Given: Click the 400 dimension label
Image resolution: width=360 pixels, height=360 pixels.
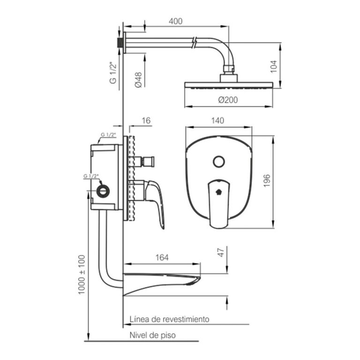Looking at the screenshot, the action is click(x=176, y=21).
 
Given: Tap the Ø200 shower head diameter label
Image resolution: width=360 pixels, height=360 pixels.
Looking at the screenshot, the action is click(x=228, y=100).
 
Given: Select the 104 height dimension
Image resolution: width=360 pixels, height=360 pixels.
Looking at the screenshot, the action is click(x=274, y=67).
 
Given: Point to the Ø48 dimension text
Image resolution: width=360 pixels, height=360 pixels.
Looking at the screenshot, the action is click(x=138, y=80).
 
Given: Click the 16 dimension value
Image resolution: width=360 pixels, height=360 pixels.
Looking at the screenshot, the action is click(x=146, y=120).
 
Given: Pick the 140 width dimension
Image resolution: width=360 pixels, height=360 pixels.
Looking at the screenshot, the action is click(x=217, y=120).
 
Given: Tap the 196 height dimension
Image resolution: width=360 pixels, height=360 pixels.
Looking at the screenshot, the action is click(x=267, y=180).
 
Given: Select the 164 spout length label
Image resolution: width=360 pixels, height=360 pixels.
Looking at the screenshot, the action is click(x=162, y=258).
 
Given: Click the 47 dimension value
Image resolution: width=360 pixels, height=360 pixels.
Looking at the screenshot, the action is click(x=221, y=253).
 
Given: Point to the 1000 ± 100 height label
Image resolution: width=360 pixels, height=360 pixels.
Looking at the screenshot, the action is click(x=82, y=275).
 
